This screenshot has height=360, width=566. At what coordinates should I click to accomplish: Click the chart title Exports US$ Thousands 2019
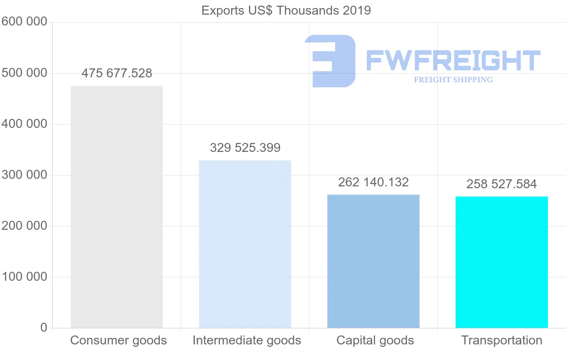click(286, 10)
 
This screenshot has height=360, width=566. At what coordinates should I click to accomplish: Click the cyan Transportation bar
click(501, 262)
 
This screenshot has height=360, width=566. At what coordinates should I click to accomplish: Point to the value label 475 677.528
click(117, 74)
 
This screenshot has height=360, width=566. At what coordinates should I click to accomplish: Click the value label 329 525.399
click(245, 148)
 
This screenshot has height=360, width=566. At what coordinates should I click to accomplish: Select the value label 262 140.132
click(373, 182)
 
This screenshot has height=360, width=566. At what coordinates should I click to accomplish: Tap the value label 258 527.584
click(501, 184)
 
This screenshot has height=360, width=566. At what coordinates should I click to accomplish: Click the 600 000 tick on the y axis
click(24, 22)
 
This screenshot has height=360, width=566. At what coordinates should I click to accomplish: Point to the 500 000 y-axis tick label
click(24, 73)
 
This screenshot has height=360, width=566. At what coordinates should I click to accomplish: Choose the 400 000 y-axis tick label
click(24, 124)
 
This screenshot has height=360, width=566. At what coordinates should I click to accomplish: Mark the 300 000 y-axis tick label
click(24, 175)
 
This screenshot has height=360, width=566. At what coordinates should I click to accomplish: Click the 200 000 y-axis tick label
click(24, 226)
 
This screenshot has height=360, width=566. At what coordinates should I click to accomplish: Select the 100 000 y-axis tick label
click(24, 277)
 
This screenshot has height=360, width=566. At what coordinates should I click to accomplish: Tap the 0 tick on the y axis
click(44, 327)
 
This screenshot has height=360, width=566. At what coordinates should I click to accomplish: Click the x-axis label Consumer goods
click(118, 340)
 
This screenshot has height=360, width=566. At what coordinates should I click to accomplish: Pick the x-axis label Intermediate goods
click(247, 340)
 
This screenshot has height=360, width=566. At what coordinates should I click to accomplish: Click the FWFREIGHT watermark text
click(453, 61)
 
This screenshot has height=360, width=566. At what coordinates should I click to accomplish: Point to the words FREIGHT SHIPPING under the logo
click(453, 80)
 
